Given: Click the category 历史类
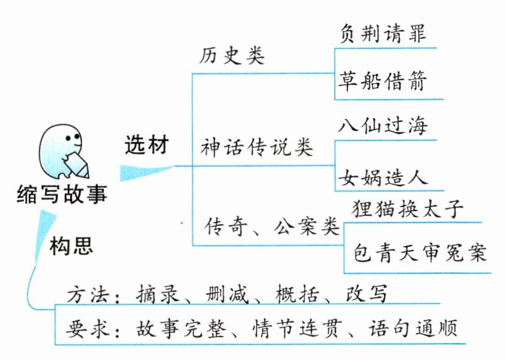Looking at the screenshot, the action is pos(232,56).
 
